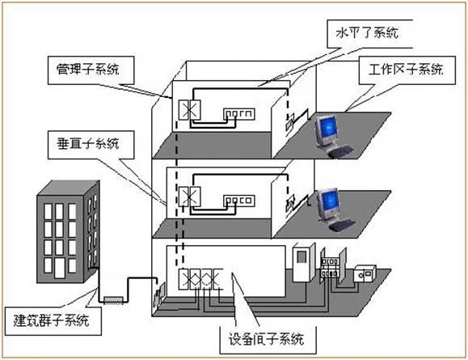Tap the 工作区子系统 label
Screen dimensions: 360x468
tap(408, 70)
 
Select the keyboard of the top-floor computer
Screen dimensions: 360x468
tap(343, 150)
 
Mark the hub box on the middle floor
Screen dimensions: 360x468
tap(239, 197)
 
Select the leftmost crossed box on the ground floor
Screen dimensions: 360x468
tap(190, 279)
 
